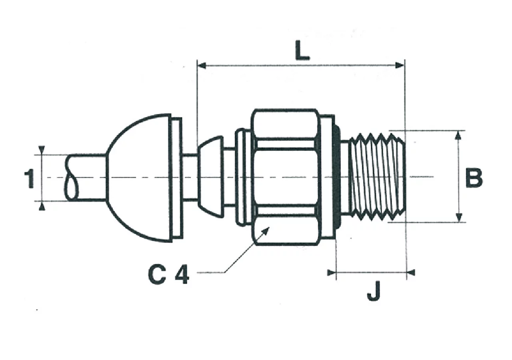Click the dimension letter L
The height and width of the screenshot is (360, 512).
click(302, 50)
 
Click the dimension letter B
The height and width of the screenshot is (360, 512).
click(474, 178)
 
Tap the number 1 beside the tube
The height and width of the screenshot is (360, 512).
click(30, 178)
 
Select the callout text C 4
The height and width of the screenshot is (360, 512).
click(168, 275)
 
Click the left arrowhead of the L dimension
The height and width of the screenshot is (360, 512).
click(201, 66)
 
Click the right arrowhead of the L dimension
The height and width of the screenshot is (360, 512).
click(400, 66)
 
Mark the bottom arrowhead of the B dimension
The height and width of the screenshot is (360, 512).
click(458, 218)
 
